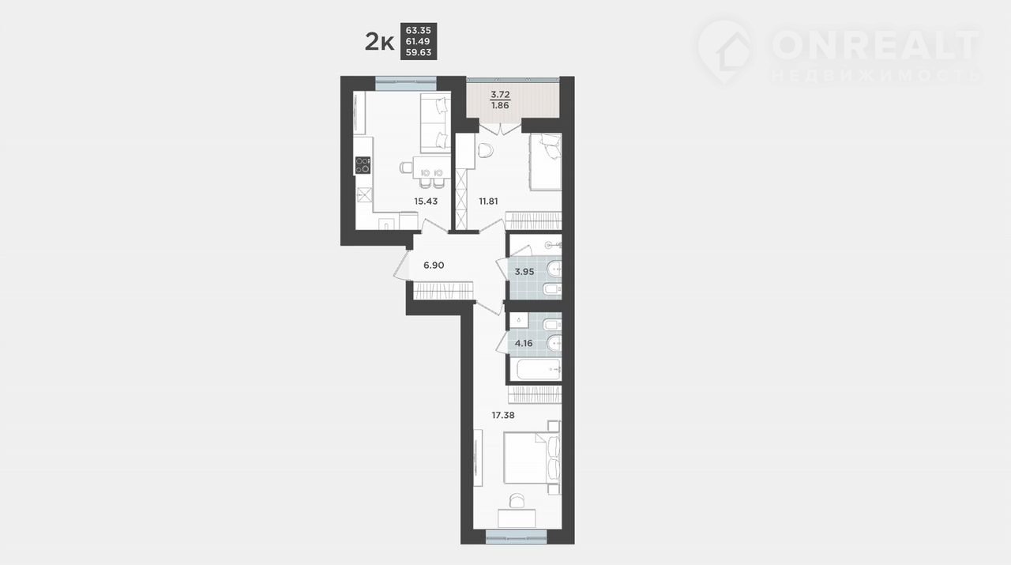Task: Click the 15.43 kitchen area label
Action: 426,202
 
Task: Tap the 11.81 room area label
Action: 488,202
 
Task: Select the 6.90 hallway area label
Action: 434,265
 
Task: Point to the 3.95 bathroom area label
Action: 524,272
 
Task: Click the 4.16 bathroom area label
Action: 524,343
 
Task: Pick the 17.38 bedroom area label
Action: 503,415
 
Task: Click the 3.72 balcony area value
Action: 500,94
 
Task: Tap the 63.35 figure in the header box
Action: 419,30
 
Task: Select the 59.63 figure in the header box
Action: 419,52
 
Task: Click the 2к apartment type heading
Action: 379,42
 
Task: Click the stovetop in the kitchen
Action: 363,165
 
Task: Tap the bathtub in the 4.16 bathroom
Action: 539,370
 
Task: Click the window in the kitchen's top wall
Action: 406,84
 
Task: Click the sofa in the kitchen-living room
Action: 435,122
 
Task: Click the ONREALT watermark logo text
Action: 875,45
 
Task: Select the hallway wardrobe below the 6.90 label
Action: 443,291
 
